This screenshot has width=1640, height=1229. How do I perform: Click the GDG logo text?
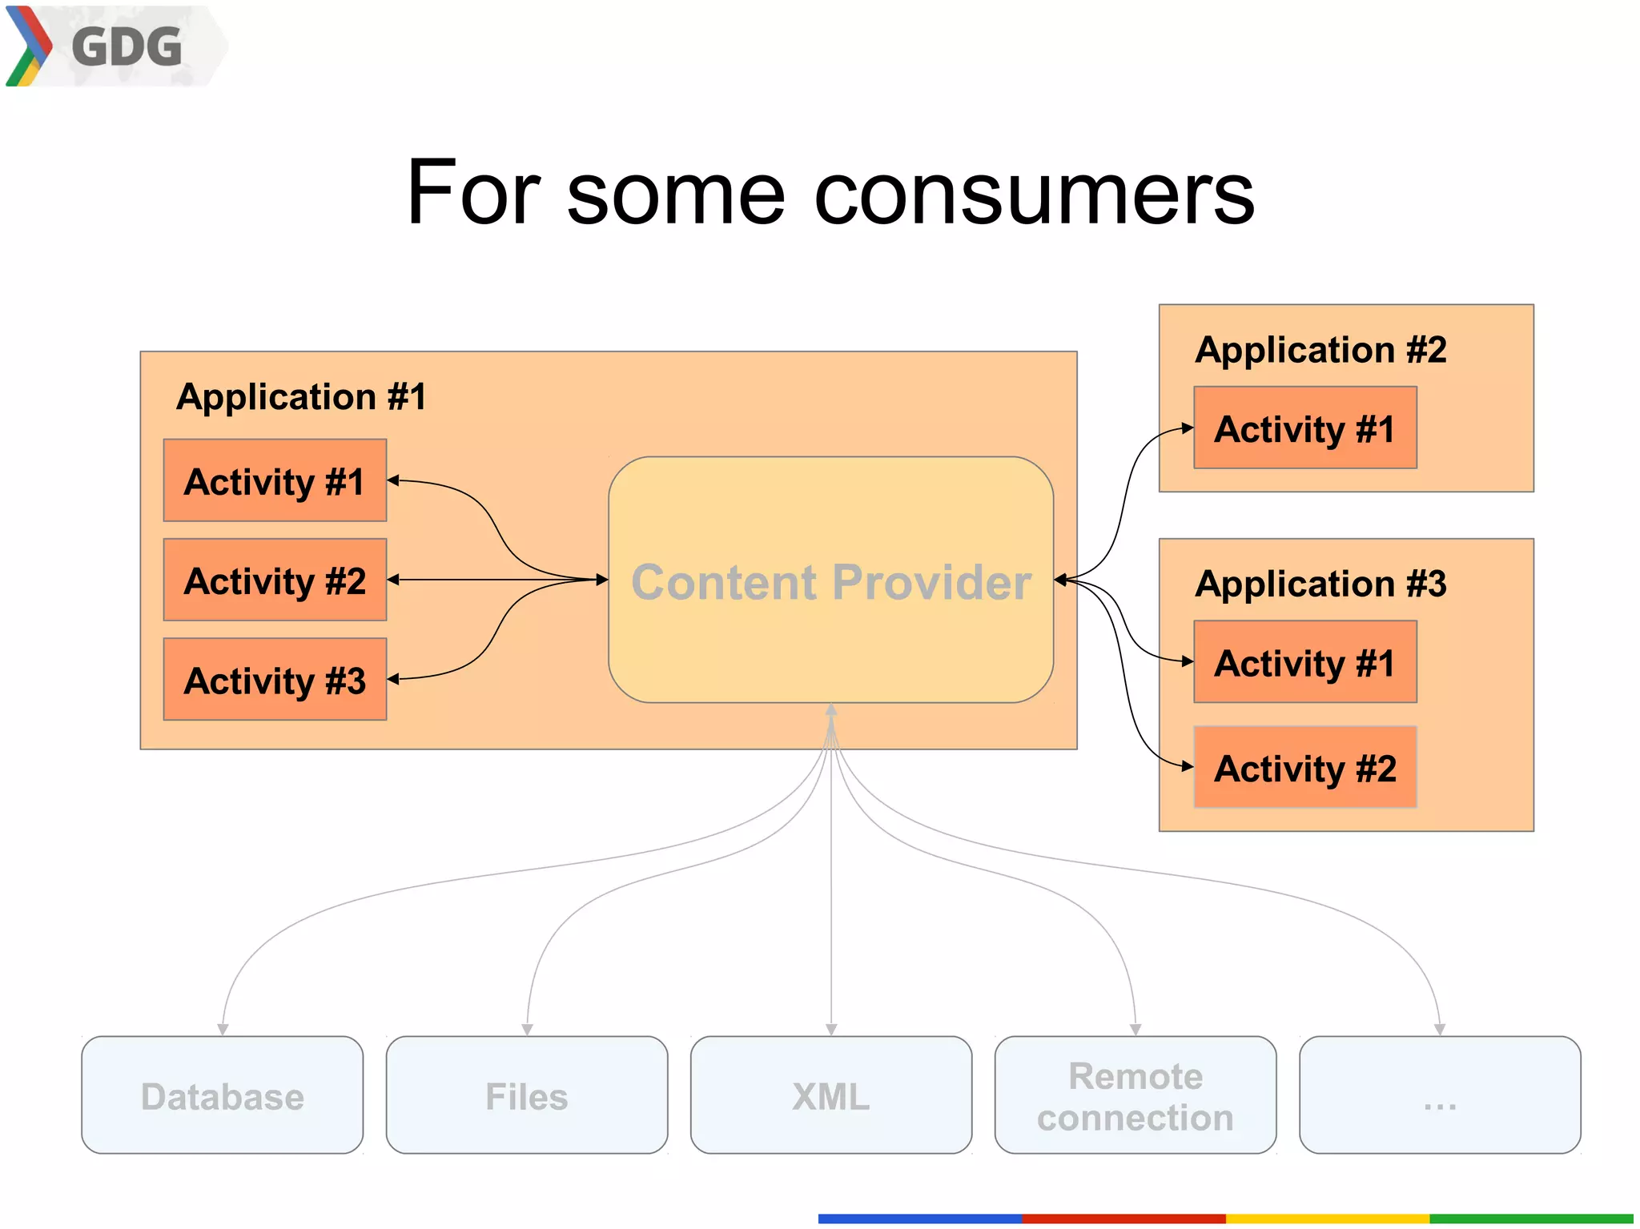[127, 46]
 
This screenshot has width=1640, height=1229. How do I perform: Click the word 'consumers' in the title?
[1033, 194]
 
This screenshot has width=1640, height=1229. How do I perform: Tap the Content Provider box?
[830, 580]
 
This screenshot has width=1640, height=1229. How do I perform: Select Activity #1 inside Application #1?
[275, 481]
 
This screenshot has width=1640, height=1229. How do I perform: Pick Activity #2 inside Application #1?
[275, 580]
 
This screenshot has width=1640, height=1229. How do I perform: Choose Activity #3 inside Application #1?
[275, 680]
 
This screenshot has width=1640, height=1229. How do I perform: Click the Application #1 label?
[301, 397]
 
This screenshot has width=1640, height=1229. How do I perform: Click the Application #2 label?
[1320, 350]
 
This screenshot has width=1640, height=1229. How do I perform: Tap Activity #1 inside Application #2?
[1304, 428]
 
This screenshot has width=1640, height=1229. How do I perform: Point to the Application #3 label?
[1320, 584]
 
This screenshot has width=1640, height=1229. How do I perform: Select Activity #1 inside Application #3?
[1304, 662]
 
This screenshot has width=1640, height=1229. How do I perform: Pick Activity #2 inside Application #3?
[1304, 768]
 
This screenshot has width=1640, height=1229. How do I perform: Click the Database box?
[222, 1095]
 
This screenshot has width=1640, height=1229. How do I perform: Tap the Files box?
[526, 1095]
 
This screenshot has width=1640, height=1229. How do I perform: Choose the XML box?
[830, 1095]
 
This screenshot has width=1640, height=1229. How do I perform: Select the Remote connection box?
[1135, 1095]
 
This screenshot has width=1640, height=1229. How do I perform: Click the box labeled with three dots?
[1439, 1095]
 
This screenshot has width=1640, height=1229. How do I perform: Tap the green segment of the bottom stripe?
[1530, 1219]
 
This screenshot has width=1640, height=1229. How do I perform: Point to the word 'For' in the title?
[472, 194]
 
